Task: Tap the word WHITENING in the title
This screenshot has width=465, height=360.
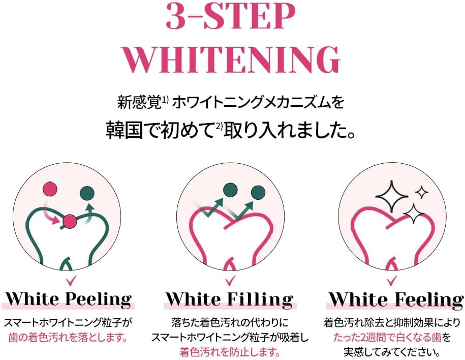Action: [x=231, y=59]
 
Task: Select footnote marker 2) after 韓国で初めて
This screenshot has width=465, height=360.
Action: [x=219, y=126]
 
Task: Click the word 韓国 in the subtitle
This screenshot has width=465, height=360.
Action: [x=125, y=130]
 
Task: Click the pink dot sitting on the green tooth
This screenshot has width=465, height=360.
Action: [x=70, y=221]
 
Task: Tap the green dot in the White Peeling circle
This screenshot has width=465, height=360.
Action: [x=87, y=193]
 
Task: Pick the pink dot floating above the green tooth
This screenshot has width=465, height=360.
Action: [x=49, y=189]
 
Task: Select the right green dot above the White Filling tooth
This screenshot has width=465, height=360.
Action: [x=258, y=193]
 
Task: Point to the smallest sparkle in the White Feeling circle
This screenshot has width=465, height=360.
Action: [x=421, y=193]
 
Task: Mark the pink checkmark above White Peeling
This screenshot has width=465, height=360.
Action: [x=70, y=281]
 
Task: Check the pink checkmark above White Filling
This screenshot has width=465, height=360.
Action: [x=230, y=281]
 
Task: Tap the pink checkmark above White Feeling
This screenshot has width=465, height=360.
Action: [x=392, y=281]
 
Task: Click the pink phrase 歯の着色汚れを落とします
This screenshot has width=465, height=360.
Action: [x=68, y=338]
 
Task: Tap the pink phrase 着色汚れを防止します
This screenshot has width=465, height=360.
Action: [x=230, y=352]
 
